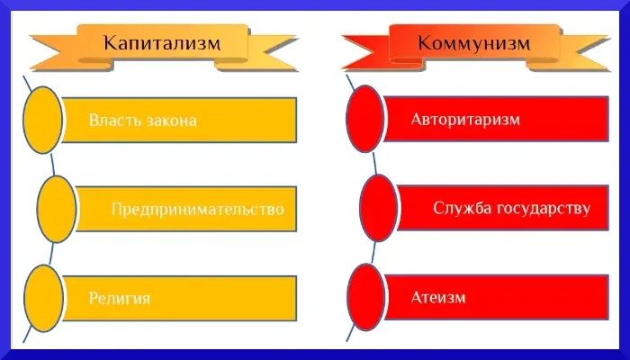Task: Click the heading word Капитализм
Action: [161, 42]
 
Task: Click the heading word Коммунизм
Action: [473, 42]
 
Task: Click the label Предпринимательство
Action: [197, 209]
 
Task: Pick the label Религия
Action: [119, 298]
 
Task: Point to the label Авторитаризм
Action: [465, 120]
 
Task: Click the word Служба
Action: [463, 208]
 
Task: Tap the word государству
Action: [543, 208]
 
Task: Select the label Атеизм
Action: [438, 297]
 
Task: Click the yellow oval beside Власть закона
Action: [42, 121]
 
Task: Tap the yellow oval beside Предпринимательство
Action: [56, 209]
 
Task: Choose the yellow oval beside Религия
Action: [42, 298]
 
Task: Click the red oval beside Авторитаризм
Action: [365, 120]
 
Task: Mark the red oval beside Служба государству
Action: [378, 208]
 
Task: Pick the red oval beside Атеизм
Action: [365, 297]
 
